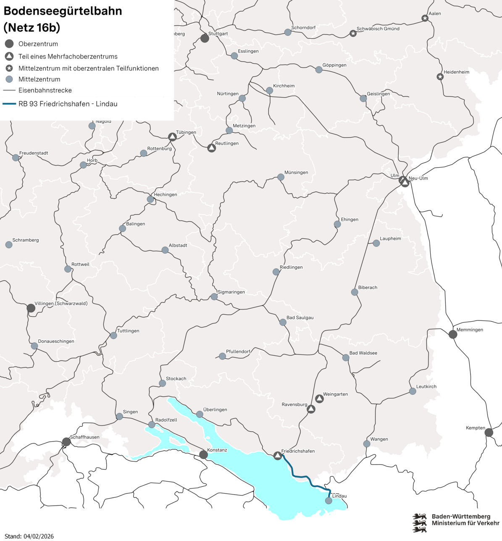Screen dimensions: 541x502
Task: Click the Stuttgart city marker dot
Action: click(x=205, y=39)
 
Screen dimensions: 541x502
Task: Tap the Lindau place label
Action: click(x=339, y=496)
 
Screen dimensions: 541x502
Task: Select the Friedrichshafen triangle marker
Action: click(x=277, y=456)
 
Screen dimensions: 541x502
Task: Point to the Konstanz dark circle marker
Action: click(x=204, y=454)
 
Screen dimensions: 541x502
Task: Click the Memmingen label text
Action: click(x=470, y=330)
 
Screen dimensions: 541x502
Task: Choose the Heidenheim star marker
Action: click(x=440, y=77)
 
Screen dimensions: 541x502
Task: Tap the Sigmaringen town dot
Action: click(x=214, y=297)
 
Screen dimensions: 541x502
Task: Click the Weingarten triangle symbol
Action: click(x=319, y=399)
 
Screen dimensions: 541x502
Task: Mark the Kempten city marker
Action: click(x=489, y=432)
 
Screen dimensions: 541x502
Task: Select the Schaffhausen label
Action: click(x=85, y=437)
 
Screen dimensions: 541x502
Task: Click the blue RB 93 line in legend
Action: click(x=9, y=104)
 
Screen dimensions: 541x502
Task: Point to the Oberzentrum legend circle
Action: click(x=9, y=44)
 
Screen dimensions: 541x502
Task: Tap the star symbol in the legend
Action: click(x=9, y=68)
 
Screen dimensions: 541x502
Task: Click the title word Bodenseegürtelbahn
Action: click(x=63, y=11)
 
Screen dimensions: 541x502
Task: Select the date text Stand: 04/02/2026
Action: click(x=29, y=536)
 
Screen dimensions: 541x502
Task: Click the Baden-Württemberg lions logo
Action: click(x=419, y=523)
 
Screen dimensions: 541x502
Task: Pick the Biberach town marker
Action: click(x=355, y=292)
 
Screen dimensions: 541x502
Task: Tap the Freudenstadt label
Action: click(x=34, y=153)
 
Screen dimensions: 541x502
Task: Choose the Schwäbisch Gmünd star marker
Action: click(x=353, y=33)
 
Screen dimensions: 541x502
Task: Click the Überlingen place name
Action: click(x=215, y=410)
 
